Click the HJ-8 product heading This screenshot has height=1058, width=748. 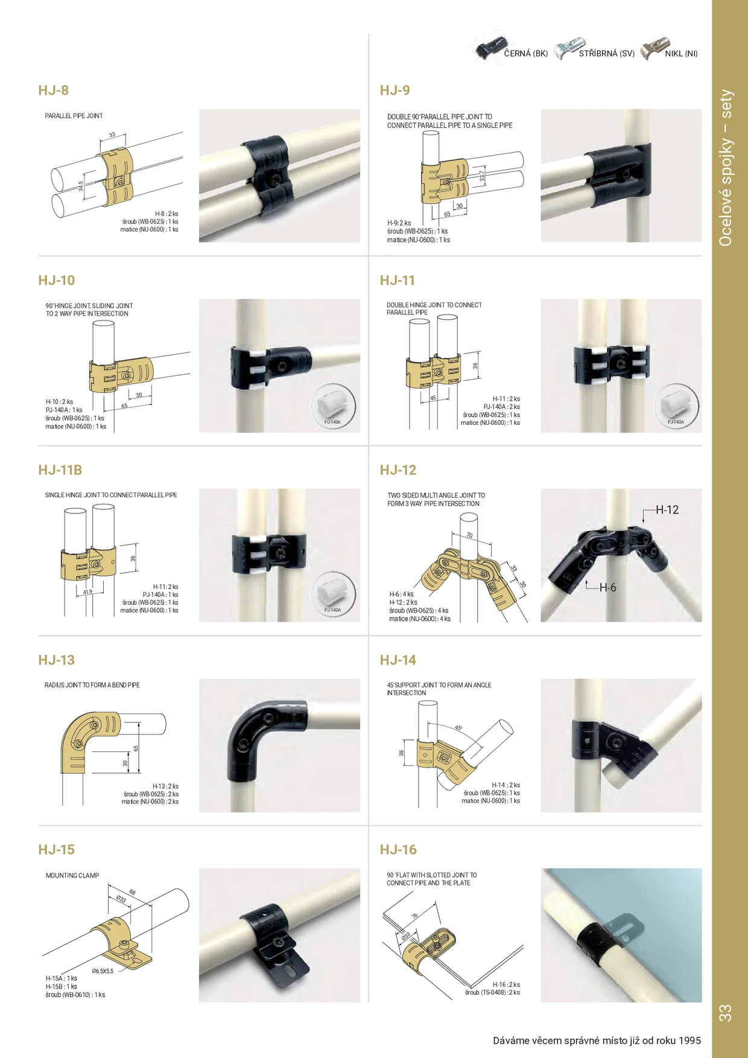click(53, 91)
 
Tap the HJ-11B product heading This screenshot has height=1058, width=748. click(60, 470)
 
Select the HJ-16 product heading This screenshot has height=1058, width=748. click(398, 850)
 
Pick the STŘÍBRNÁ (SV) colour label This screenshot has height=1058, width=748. click(606, 54)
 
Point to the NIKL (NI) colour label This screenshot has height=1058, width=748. click(681, 54)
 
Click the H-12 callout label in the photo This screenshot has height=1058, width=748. click(667, 510)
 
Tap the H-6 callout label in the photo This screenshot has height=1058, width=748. click(608, 588)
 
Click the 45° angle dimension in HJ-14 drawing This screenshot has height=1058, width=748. click(458, 728)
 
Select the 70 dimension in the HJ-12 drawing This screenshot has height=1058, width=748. click(469, 535)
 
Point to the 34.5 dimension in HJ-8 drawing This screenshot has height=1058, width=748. click(81, 186)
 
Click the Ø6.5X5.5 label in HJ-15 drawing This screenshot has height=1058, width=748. click(103, 971)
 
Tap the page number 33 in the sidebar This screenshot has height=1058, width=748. click(725, 1013)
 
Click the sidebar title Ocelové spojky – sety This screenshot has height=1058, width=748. click(726, 168)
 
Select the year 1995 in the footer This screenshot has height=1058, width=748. click(689, 1040)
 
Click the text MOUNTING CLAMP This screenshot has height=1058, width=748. click(72, 876)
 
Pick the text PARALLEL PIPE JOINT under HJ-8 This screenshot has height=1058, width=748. click(74, 116)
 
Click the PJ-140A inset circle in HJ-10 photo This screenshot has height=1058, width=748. click(333, 406)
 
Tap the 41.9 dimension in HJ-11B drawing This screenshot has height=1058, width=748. click(88, 592)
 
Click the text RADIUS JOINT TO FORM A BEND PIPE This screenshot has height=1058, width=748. click(92, 686)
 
